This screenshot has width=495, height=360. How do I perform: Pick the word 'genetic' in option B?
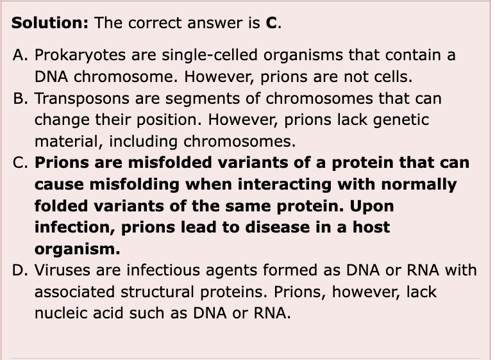405,120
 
